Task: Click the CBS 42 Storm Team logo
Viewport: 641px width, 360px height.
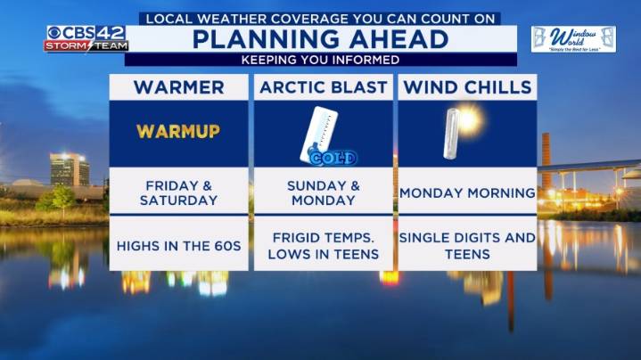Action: (x=86, y=38)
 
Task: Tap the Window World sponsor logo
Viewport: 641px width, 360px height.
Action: (x=573, y=38)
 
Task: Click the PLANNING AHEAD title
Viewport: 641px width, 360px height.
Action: (x=320, y=39)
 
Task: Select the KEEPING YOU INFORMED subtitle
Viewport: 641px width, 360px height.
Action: (x=320, y=60)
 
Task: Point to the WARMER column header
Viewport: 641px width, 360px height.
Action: (x=178, y=87)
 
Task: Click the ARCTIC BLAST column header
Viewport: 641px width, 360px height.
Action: (x=323, y=87)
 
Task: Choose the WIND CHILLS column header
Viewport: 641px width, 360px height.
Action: (x=467, y=87)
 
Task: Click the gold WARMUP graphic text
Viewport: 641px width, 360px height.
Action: (x=178, y=132)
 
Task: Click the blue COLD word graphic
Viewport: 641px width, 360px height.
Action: (x=333, y=159)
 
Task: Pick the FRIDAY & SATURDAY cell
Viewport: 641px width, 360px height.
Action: (x=178, y=192)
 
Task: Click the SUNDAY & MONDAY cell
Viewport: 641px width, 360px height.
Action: (x=323, y=192)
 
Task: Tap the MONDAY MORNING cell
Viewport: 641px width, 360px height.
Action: (x=467, y=192)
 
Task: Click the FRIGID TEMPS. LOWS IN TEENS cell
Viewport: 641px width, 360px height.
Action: (x=323, y=246)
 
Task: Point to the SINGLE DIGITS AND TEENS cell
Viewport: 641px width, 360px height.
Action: (x=467, y=246)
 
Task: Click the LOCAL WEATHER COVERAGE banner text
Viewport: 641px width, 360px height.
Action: (x=320, y=18)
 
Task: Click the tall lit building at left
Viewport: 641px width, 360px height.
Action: (x=69, y=168)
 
